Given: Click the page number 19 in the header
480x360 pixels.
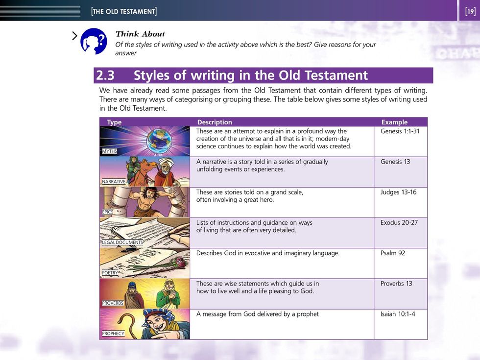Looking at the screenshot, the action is [x=471, y=12].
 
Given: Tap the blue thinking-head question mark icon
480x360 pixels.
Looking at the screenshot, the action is [x=94, y=41].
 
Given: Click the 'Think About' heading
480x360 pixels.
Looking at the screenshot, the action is [x=140, y=34].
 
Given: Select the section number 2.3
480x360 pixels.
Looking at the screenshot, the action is [x=105, y=75].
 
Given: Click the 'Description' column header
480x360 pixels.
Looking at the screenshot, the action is [x=215, y=122].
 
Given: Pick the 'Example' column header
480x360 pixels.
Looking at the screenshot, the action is [x=394, y=122].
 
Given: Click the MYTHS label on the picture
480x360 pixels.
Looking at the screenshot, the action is [x=110, y=151].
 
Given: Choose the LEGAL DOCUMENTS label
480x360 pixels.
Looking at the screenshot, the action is [x=122, y=242].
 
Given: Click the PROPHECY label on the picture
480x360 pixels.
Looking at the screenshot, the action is [x=113, y=334].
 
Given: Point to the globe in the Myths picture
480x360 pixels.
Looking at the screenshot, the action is [x=159, y=141].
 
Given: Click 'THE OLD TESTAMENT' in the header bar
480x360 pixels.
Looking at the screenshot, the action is [x=124, y=12].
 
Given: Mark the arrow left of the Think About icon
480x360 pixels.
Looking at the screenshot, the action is [x=74, y=36].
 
